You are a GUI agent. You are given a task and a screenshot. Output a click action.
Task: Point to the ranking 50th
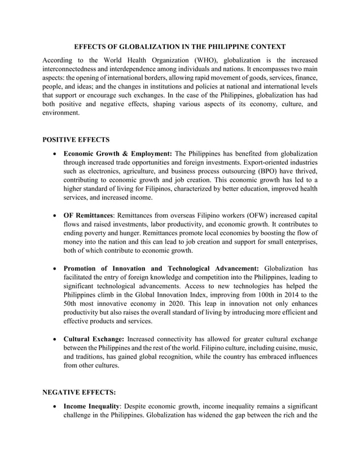tap(71, 304)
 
